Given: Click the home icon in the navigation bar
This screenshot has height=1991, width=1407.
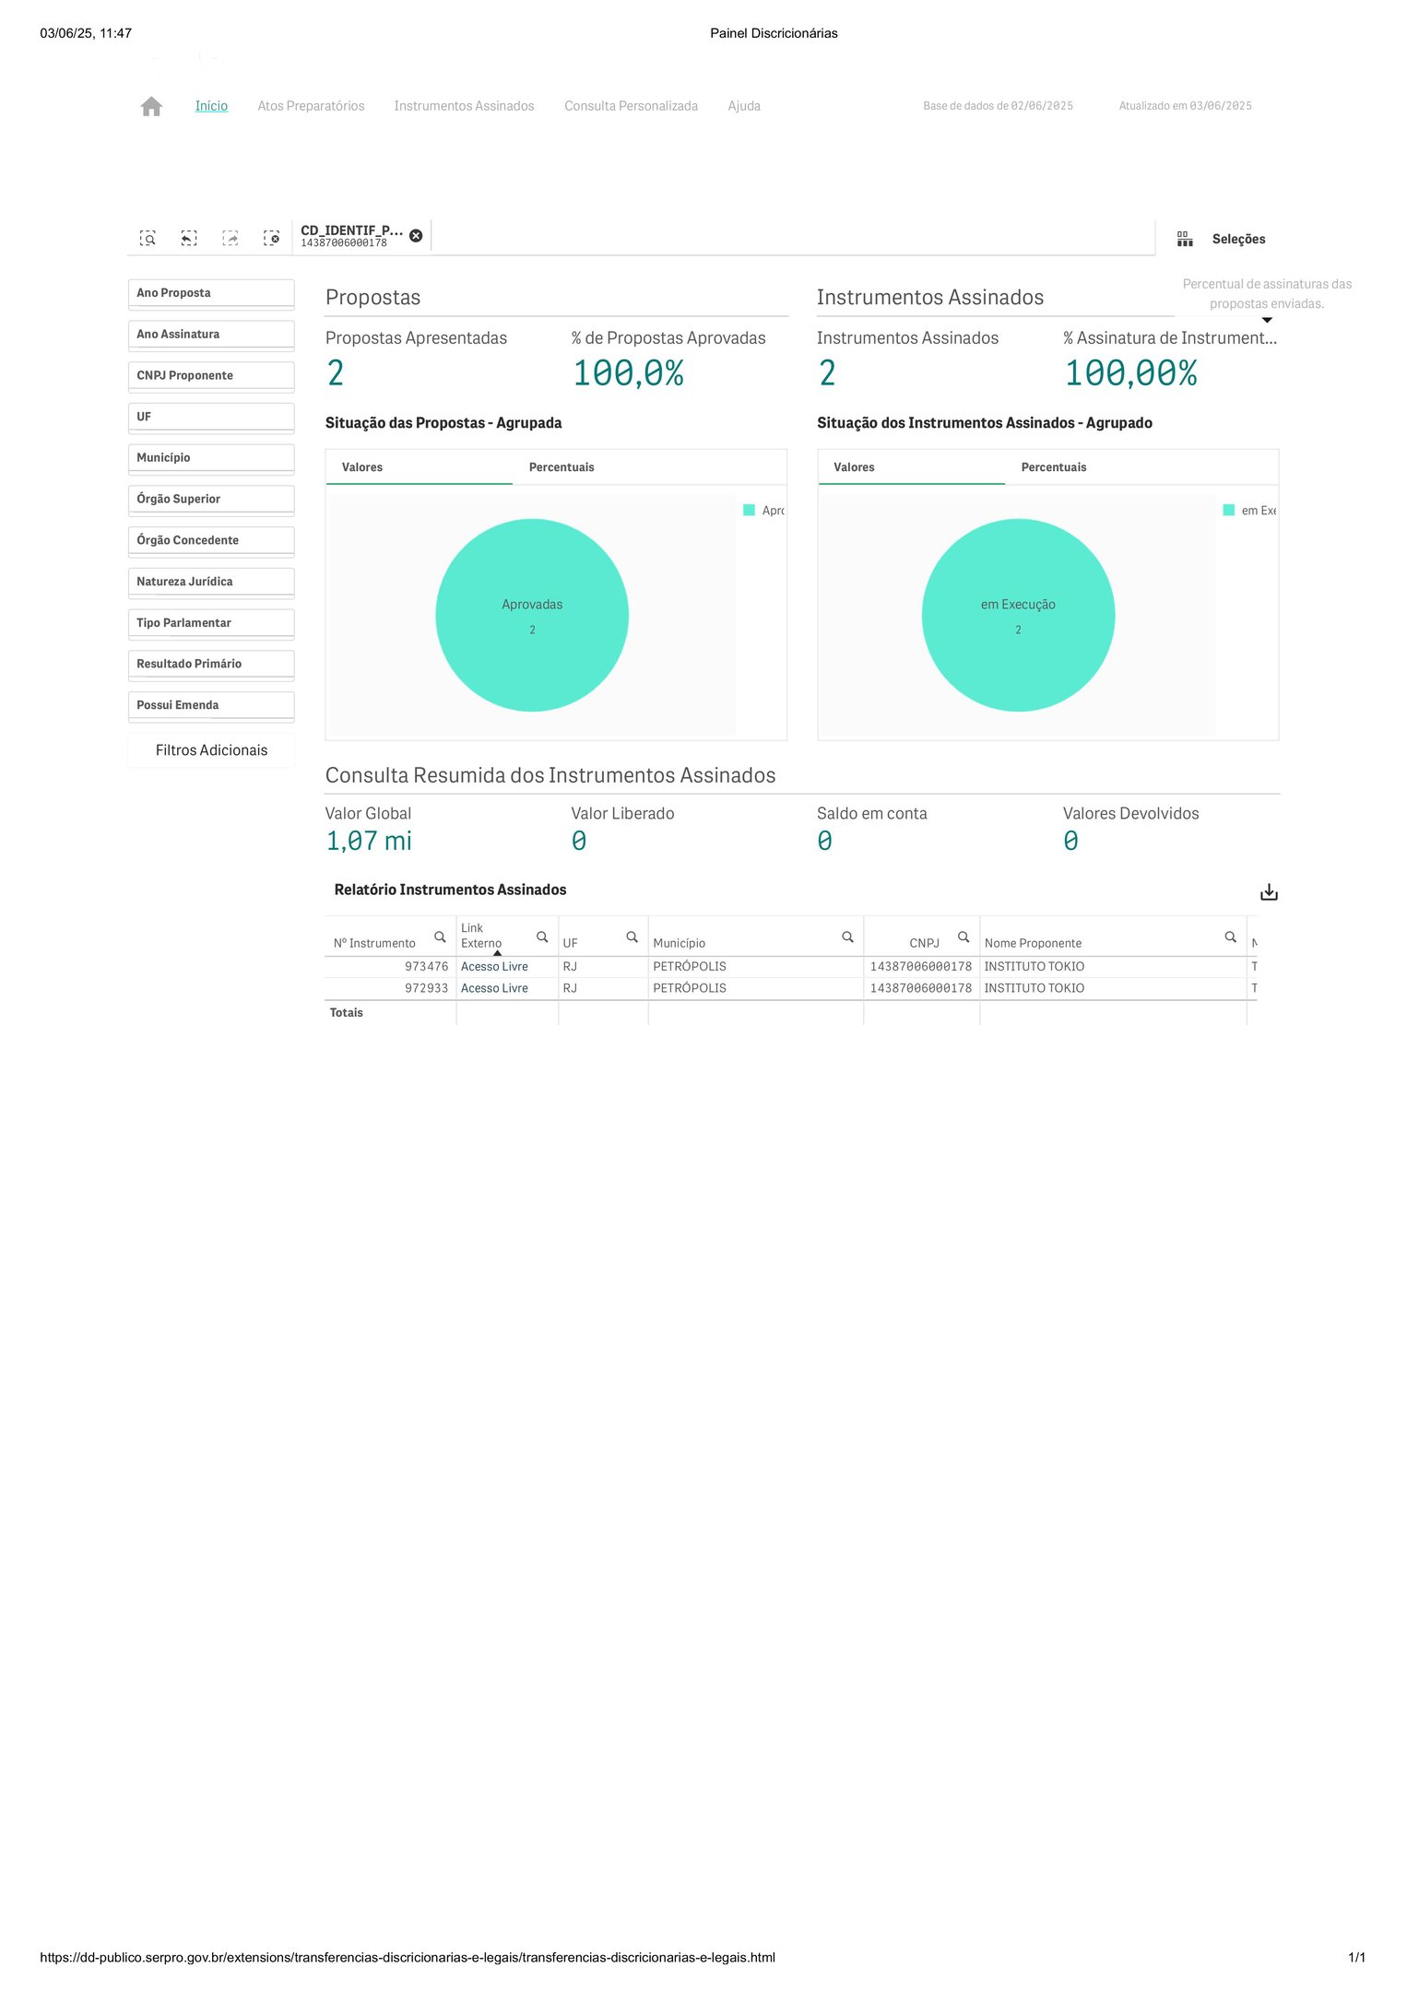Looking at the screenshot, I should pyautogui.click(x=151, y=107).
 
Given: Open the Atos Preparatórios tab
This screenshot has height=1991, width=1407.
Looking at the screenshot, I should pyautogui.click(x=311, y=106).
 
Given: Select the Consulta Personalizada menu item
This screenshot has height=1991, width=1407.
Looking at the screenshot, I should pyautogui.click(x=631, y=106).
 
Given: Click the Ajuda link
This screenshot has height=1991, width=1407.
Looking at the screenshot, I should pyautogui.click(x=743, y=106).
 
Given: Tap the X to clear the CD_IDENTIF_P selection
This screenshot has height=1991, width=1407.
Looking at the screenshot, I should pyautogui.click(x=416, y=236).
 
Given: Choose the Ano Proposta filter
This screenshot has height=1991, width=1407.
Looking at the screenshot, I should pyautogui.click(x=211, y=293).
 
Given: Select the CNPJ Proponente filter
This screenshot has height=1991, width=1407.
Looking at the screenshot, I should pyautogui.click(x=211, y=376).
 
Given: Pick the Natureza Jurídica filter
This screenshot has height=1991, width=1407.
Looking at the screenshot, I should pyautogui.click(x=211, y=582).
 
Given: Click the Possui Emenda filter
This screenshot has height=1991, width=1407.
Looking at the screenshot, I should pyautogui.click(x=211, y=705).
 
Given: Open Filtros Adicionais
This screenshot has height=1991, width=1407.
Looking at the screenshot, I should pyautogui.click(x=211, y=750).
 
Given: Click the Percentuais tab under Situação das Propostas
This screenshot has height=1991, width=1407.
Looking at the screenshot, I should pyautogui.click(x=562, y=467).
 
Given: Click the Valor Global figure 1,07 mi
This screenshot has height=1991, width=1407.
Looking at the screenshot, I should pyautogui.click(x=369, y=841).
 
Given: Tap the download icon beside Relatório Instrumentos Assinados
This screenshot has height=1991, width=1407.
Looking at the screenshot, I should pyautogui.click(x=1269, y=892).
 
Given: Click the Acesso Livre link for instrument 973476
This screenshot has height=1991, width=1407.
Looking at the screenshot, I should pyautogui.click(x=494, y=966).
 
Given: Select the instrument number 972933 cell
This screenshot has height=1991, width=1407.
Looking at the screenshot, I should pyautogui.click(x=426, y=988).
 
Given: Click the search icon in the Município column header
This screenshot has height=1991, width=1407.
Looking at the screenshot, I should pyautogui.click(x=847, y=937).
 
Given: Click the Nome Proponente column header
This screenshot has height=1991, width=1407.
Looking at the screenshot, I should pyautogui.click(x=1033, y=943).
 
